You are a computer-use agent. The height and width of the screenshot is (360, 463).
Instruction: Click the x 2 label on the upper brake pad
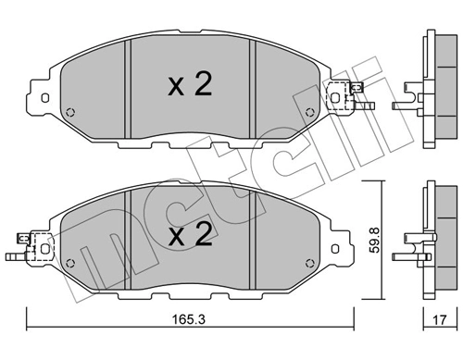point(190,85)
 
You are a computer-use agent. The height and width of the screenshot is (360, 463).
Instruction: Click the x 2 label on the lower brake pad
point(190,236)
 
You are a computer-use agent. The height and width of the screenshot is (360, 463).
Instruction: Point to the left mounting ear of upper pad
point(41,95)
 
